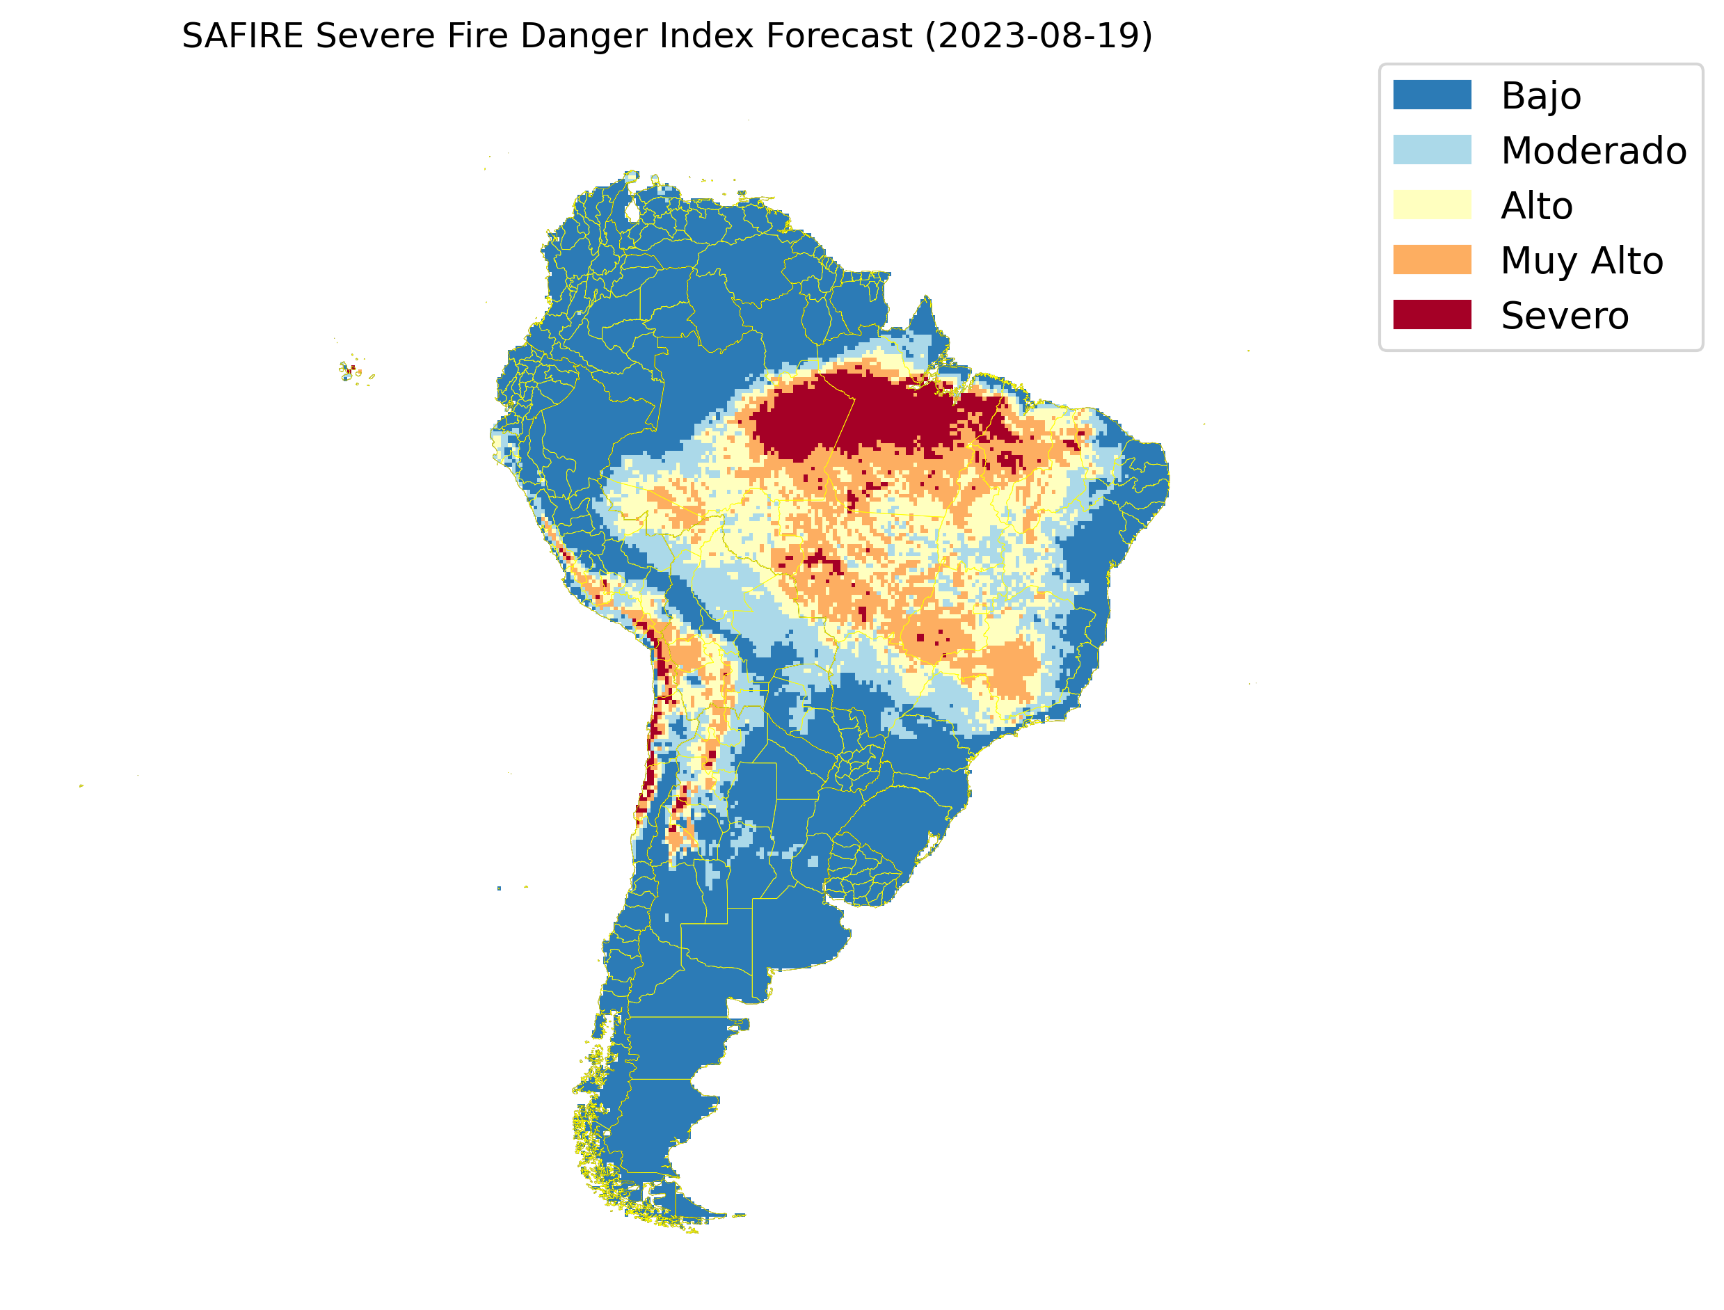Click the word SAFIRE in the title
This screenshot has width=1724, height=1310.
(x=241, y=36)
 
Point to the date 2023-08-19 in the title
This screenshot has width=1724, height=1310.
(x=1038, y=36)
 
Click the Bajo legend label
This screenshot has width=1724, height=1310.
(x=1541, y=96)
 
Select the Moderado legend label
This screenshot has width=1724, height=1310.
(x=1593, y=150)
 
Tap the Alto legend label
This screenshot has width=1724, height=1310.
(x=1536, y=206)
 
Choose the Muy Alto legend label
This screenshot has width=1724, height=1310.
(x=1581, y=260)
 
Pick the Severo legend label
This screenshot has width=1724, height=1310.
(x=1564, y=316)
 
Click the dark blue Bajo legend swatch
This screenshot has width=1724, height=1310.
(x=1432, y=95)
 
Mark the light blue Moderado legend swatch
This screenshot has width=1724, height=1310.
(x=1432, y=150)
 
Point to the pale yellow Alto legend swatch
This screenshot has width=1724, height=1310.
(x=1432, y=205)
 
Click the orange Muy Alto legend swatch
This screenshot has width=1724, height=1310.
(x=1432, y=259)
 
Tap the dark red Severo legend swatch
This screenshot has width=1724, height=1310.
(x=1432, y=315)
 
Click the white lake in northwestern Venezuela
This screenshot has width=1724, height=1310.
(x=632, y=211)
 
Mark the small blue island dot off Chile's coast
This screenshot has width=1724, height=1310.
(x=499, y=888)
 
